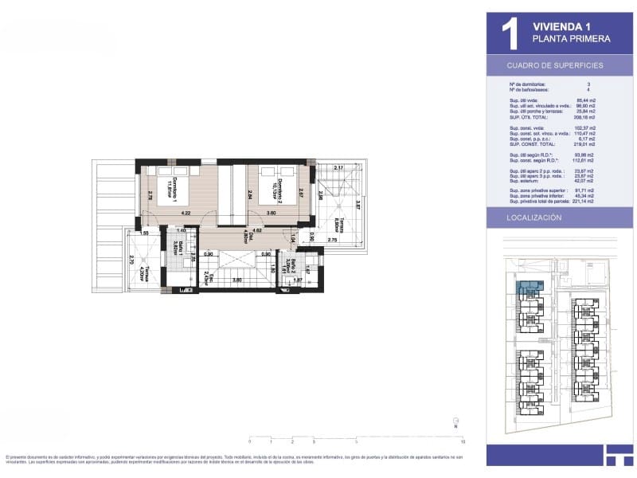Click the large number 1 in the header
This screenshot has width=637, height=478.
(x=510, y=34)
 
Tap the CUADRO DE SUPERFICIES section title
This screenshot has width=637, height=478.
(x=555, y=65)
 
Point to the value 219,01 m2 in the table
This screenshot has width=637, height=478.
(x=585, y=145)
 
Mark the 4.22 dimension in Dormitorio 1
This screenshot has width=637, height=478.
(x=185, y=214)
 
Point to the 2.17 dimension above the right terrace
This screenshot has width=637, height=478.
(x=338, y=168)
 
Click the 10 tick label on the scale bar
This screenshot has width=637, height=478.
(x=463, y=441)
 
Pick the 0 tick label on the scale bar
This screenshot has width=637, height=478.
(x=249, y=441)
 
